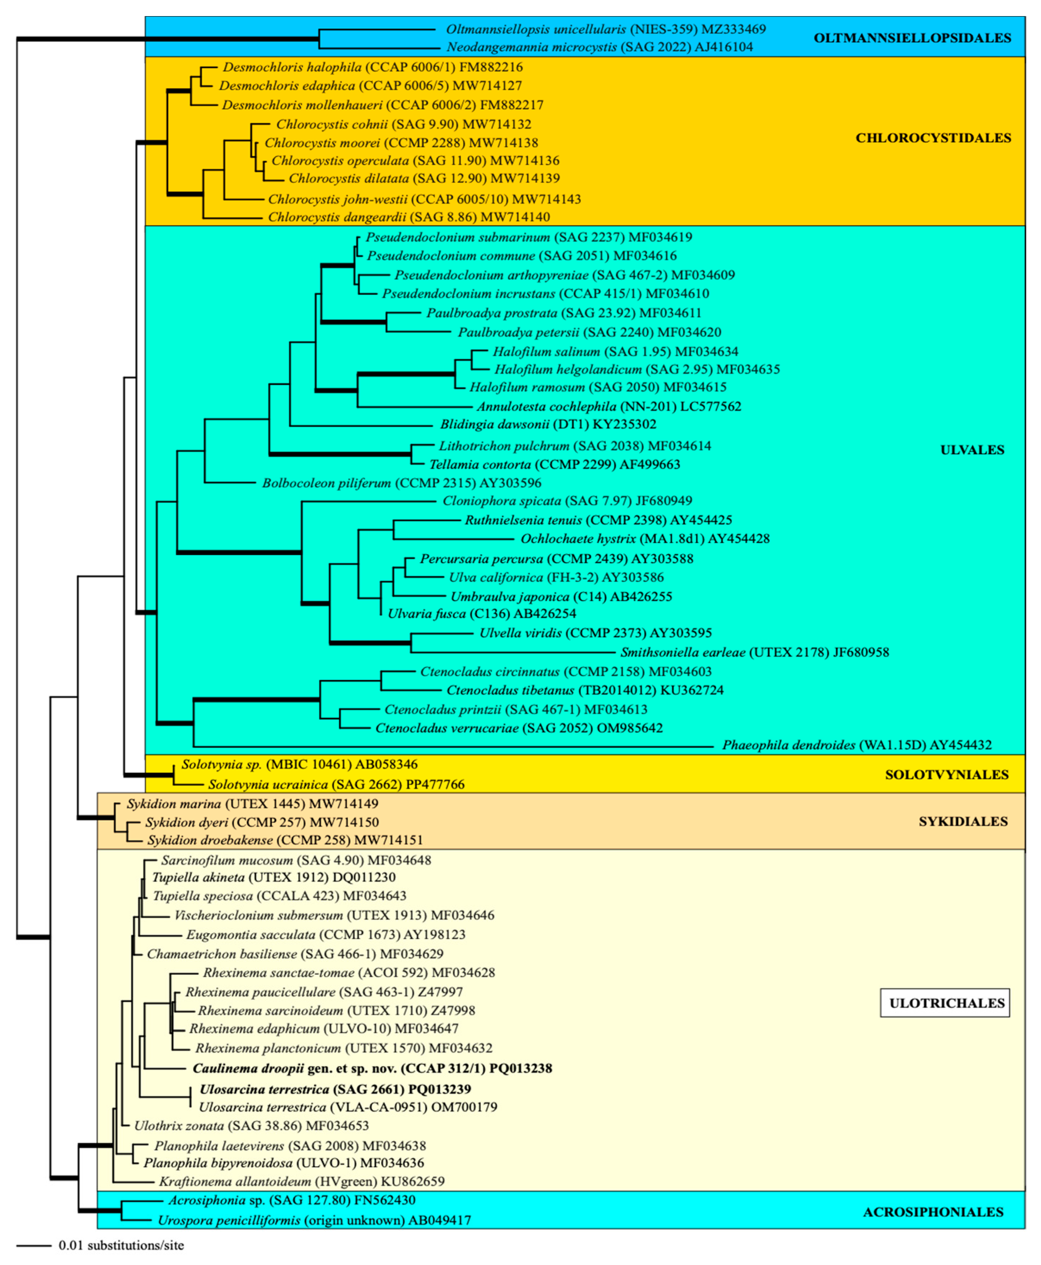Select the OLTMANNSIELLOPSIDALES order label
912,38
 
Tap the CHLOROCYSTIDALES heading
933,138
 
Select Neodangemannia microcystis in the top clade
531,47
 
